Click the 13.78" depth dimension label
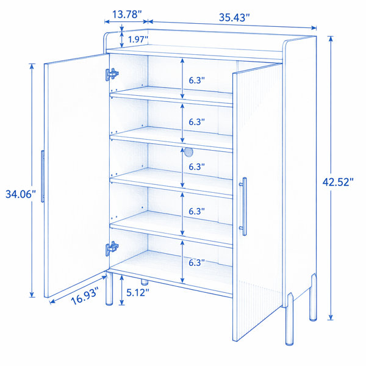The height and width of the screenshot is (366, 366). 127,15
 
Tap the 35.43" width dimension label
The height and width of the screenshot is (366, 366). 234,18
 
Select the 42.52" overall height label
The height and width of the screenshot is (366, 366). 338,182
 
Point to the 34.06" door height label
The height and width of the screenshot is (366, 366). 21,194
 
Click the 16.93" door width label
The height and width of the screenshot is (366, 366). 85,296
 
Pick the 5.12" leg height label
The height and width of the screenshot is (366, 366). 137,292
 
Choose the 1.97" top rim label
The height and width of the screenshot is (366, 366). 138,39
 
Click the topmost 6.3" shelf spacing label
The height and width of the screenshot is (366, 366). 196,81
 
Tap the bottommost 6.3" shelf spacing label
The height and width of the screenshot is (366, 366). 196,262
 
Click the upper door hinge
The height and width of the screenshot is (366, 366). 112,74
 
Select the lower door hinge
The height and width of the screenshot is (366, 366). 112,248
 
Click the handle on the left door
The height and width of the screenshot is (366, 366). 43,176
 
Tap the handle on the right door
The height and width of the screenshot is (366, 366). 243,206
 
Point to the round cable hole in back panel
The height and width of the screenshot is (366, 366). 188,152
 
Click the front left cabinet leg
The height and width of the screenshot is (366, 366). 109,289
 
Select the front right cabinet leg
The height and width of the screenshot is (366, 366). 289,319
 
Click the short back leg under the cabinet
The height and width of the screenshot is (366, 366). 145,282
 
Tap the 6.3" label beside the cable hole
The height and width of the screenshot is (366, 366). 196,167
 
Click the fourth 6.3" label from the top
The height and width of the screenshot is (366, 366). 196,211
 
